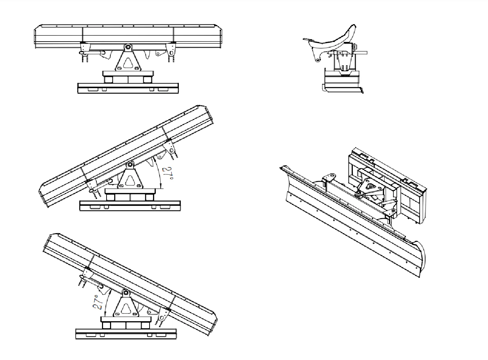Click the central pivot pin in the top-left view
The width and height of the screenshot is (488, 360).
(128, 46)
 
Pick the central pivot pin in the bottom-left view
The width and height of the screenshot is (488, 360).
(126, 293)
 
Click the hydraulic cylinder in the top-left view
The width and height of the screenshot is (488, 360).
(93, 52)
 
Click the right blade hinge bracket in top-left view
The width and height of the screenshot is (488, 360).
(171, 49)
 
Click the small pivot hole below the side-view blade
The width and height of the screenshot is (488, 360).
(318, 60)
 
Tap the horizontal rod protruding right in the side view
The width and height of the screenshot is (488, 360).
(362, 53)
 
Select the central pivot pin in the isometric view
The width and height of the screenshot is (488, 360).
(358, 193)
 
